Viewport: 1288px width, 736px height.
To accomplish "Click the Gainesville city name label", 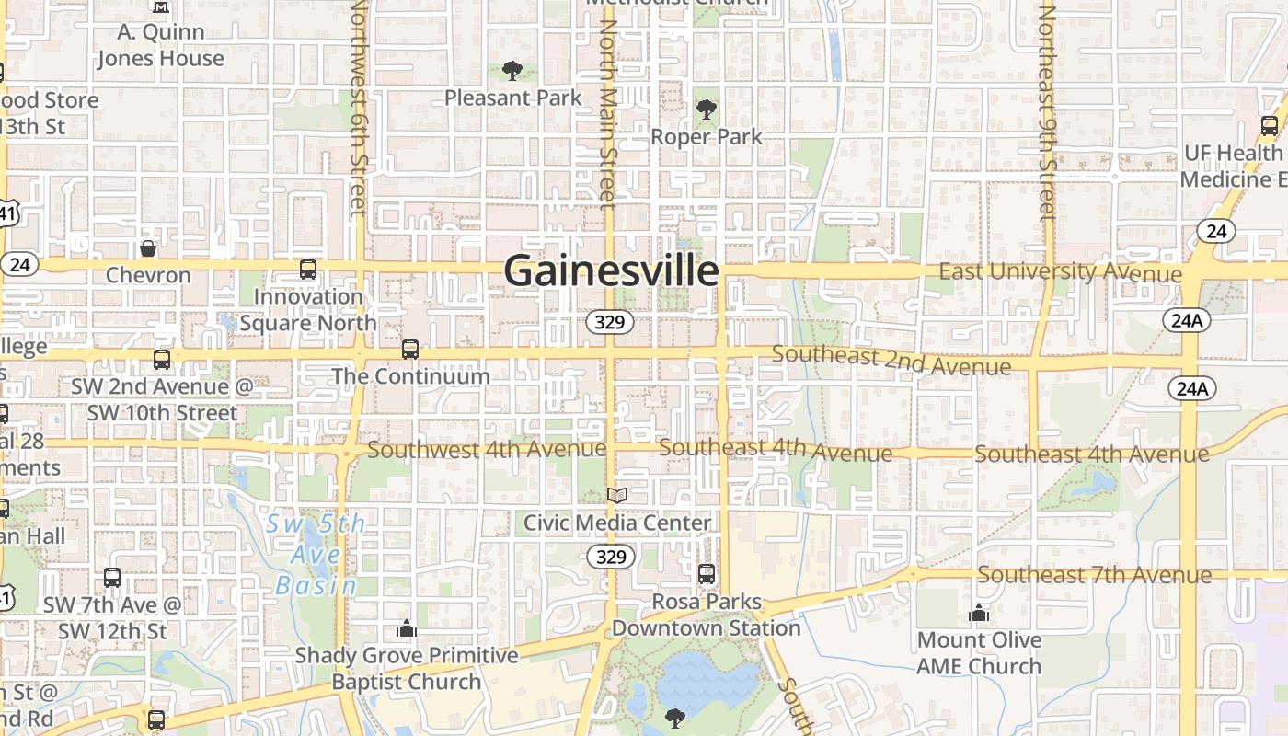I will click(x=611, y=271).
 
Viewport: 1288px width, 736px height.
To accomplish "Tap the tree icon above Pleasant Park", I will click(x=512, y=71).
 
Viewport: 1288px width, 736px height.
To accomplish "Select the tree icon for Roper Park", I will click(x=707, y=110).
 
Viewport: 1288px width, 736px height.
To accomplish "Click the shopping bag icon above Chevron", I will click(x=147, y=248).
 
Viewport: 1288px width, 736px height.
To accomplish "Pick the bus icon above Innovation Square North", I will click(x=308, y=270).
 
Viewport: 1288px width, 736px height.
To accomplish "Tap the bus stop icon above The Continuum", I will click(x=410, y=350).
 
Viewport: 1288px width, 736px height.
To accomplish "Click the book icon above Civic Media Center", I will click(x=617, y=496).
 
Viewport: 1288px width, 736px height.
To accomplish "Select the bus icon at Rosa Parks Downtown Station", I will click(x=707, y=574).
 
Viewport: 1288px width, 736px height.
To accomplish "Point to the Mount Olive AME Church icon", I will click(x=979, y=613).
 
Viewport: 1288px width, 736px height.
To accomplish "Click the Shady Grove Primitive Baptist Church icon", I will click(x=406, y=629).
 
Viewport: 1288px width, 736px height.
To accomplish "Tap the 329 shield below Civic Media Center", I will click(x=611, y=557).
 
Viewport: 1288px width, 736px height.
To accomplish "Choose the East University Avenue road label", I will click(x=1060, y=272).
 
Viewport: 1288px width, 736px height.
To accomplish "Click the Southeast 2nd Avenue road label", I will click(x=891, y=360).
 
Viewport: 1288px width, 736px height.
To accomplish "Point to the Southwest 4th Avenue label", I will click(x=487, y=450).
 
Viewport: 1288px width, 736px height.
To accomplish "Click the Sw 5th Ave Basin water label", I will click(x=316, y=555).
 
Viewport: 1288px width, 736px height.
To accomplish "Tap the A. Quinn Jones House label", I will click(x=160, y=45).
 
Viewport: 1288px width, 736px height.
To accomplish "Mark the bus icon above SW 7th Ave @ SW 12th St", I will click(x=112, y=578).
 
